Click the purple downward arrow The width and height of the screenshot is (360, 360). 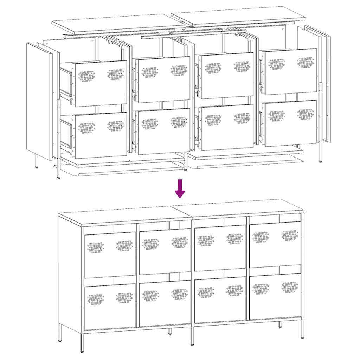click(x=180, y=188)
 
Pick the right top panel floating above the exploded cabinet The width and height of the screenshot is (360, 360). click(x=239, y=16)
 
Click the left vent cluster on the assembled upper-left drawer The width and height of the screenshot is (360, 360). click(x=96, y=247)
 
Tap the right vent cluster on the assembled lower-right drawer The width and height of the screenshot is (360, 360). click(x=290, y=287)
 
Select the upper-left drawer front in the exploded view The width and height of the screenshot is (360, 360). click(x=101, y=83)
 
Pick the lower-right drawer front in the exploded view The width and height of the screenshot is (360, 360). click(x=291, y=123)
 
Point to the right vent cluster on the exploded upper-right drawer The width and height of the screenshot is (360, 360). click(x=305, y=62)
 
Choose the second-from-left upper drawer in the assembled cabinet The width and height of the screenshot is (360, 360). click(x=165, y=251)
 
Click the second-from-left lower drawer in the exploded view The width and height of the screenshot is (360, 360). click(x=164, y=131)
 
